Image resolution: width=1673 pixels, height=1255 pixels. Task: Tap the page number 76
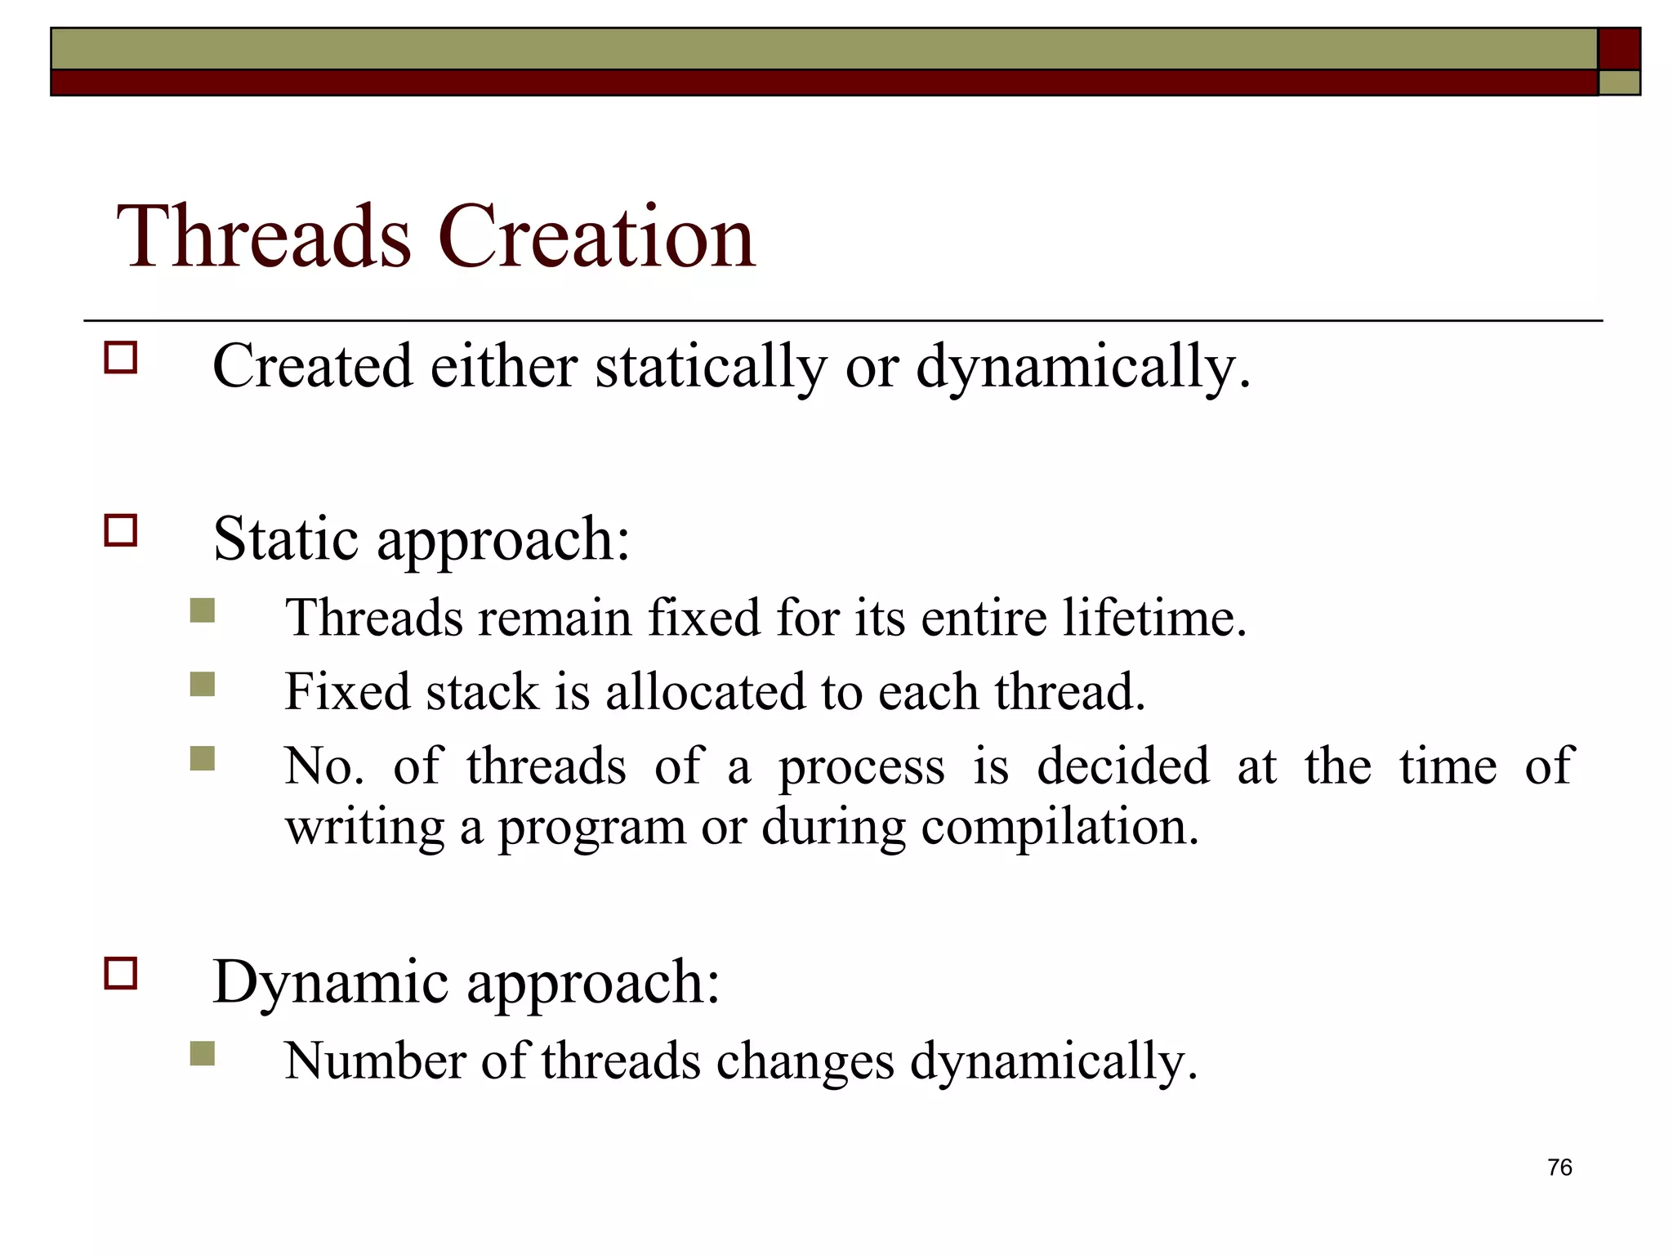pyautogui.click(x=1559, y=1167)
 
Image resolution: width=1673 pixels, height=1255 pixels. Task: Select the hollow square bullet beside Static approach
pyautogui.click(x=121, y=530)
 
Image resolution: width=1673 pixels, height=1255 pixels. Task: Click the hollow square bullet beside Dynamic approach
pyautogui.click(x=121, y=973)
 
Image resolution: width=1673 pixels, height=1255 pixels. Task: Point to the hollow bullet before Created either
pyautogui.click(x=121, y=358)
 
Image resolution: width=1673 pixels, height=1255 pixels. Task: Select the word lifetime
pyautogui.click(x=1153, y=618)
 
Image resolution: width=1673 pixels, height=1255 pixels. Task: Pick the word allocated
pyautogui.click(x=705, y=692)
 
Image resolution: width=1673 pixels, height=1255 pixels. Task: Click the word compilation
pyautogui.click(x=1060, y=827)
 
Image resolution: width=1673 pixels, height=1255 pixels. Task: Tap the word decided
pyautogui.click(x=1122, y=766)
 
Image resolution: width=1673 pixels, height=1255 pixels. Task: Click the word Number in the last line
pyautogui.click(x=375, y=1061)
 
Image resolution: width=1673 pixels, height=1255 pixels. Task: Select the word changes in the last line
pyautogui.click(x=805, y=1061)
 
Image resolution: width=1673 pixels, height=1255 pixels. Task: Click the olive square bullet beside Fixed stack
pyautogui.click(x=202, y=684)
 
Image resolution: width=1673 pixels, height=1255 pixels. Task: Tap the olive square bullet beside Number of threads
pyautogui.click(x=202, y=1053)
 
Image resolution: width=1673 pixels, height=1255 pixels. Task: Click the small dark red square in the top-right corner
pyautogui.click(x=1618, y=49)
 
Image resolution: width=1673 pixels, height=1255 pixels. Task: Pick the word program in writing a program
pyautogui.click(x=592, y=828)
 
